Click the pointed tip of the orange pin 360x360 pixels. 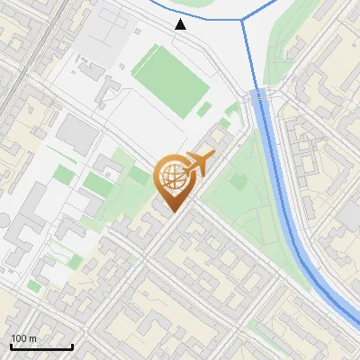tap(171, 211)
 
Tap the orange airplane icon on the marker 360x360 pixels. tap(199, 163)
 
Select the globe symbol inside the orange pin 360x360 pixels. tap(171, 176)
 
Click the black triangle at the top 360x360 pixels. tap(181, 24)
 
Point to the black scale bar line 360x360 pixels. tap(41, 347)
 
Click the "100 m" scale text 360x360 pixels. tap(24, 338)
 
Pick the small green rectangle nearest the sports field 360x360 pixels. tap(205, 109)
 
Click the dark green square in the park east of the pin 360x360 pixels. tap(238, 182)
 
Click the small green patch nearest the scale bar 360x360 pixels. tap(34, 285)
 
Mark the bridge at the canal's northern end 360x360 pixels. tap(258, 94)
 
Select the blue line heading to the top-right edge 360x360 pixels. tap(265, 8)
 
